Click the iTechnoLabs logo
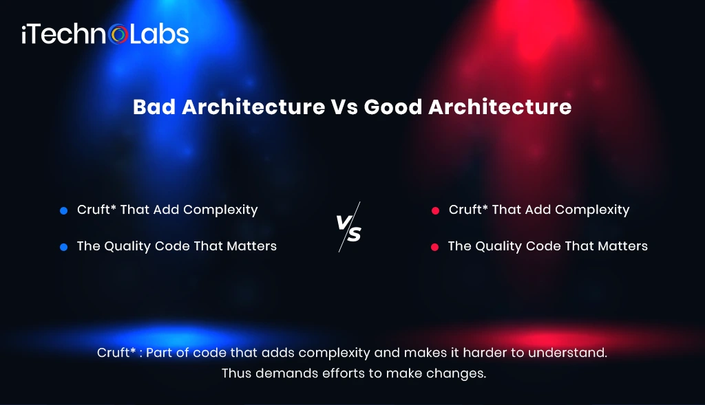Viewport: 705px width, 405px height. pos(105,34)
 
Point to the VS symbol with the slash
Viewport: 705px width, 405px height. pos(349,228)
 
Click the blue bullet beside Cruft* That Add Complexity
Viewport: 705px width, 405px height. pos(63,210)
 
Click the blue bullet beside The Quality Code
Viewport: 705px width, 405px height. pos(63,247)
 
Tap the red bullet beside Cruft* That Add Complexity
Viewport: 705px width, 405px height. pos(435,210)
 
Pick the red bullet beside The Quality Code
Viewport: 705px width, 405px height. pos(434,247)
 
